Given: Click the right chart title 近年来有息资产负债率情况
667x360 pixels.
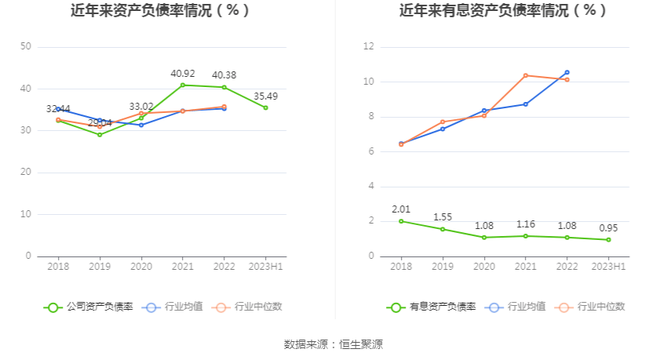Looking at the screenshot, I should [x=503, y=11].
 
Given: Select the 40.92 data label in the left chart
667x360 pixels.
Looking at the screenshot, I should [x=183, y=74].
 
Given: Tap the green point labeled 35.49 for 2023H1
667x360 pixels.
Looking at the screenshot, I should [x=266, y=107].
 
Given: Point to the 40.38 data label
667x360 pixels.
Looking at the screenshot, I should [x=224, y=75].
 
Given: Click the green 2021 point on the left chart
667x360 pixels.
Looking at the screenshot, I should [x=183, y=85].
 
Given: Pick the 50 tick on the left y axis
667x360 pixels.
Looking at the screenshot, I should [x=26, y=47].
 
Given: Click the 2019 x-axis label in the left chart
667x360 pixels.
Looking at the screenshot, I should [x=100, y=267].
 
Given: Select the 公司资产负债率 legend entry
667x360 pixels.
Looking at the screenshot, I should [x=89, y=307].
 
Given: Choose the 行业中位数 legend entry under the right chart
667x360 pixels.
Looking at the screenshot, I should [x=590, y=307].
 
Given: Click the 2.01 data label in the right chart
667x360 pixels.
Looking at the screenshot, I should [x=401, y=209].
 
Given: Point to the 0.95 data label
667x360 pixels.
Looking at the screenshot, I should [x=609, y=228].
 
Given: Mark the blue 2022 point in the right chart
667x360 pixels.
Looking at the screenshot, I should [x=567, y=72].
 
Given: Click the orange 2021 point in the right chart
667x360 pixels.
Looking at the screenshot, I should [x=526, y=75].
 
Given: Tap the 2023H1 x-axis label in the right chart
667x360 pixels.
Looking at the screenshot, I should [x=609, y=267].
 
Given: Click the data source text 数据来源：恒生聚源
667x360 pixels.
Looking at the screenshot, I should [x=333, y=344].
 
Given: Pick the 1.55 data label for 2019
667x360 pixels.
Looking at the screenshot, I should [x=443, y=217].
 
